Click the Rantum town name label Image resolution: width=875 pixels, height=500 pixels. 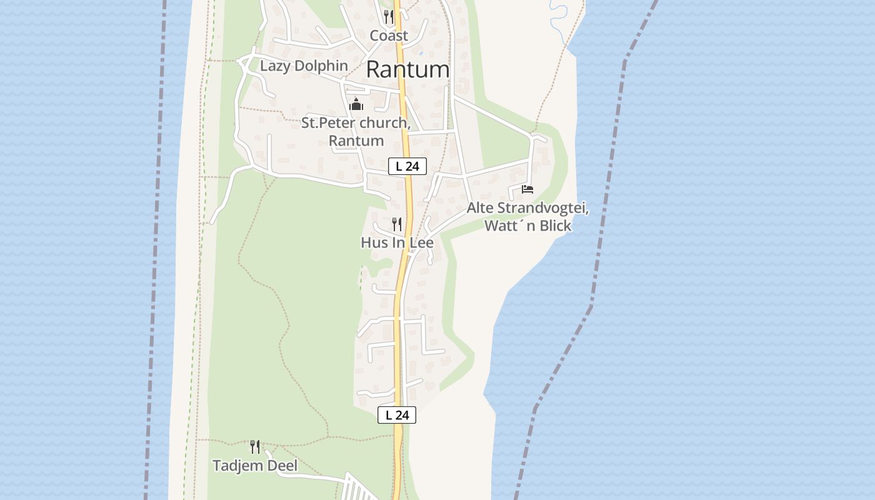coord(407,69)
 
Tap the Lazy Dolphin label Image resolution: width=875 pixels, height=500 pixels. coord(304,66)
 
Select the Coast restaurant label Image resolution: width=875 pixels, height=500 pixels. coord(389,36)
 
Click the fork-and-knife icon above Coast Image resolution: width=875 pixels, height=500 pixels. coord(389,16)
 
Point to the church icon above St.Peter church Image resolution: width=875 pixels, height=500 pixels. coord(356,104)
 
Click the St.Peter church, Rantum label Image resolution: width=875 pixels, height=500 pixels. coord(356,131)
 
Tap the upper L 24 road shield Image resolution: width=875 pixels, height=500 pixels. coord(407,166)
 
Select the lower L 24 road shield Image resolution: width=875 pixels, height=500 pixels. coord(397,414)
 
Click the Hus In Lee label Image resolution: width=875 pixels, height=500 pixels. coord(397,242)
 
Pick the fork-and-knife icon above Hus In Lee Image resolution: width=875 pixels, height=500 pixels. coord(397,224)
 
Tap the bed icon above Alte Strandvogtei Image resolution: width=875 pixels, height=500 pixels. coord(527,189)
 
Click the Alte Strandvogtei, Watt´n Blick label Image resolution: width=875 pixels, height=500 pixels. coord(527,217)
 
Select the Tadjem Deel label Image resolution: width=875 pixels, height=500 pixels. coord(255,466)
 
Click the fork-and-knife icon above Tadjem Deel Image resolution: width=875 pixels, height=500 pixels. coord(255,446)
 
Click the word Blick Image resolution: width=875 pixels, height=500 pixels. coord(556,226)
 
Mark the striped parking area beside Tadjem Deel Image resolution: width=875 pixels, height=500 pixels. coord(358,487)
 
